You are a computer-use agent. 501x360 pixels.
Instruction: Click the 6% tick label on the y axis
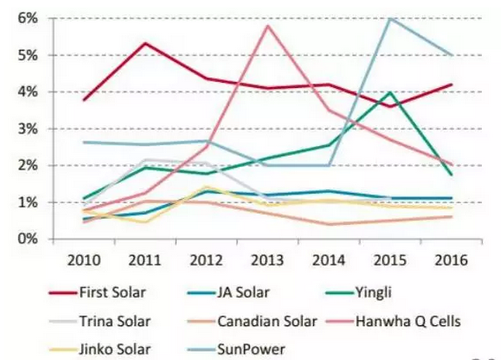(x=30, y=17)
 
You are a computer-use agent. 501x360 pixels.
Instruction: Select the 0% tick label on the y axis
(x=30, y=239)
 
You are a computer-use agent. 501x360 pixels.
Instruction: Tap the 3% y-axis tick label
(x=30, y=129)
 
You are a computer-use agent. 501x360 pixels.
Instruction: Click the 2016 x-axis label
(x=449, y=258)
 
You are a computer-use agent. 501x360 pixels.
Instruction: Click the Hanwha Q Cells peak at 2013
(x=266, y=26)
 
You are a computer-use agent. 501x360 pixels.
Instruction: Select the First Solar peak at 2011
(x=146, y=43)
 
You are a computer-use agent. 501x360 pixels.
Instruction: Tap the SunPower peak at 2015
(x=388, y=17)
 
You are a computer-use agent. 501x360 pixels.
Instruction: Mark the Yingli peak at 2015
(x=388, y=92)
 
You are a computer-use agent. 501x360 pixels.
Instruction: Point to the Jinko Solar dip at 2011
(x=146, y=221)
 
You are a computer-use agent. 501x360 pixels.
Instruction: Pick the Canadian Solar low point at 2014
(x=328, y=224)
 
